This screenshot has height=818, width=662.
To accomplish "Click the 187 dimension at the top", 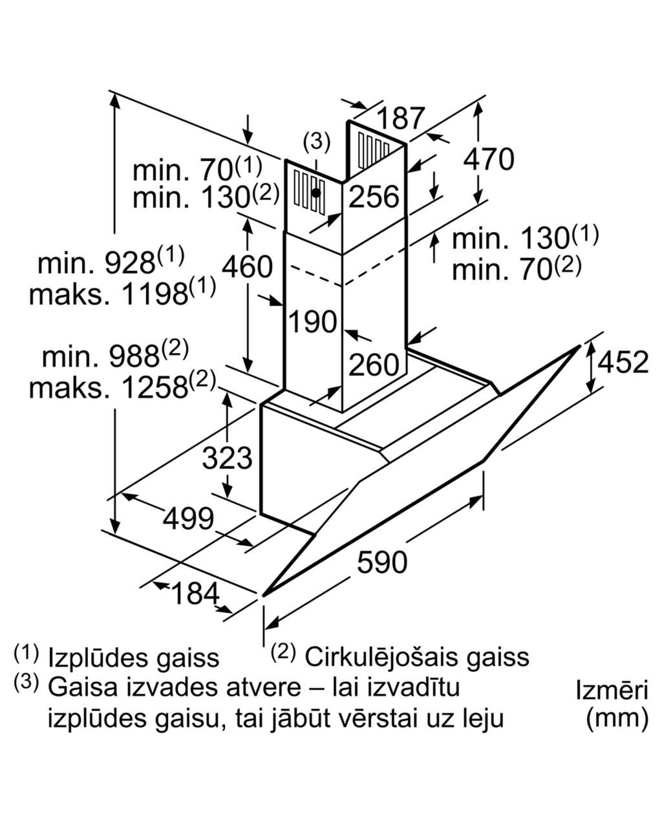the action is click(401, 118).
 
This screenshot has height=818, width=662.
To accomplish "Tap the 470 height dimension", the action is click(489, 159).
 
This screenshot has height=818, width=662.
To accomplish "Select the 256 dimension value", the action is click(374, 197).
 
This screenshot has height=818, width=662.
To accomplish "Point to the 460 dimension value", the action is click(248, 266).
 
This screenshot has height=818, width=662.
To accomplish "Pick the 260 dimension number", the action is click(374, 364).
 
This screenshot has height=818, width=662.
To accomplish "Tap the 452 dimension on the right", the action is click(623, 362).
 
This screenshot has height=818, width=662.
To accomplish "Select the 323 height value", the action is click(227, 458).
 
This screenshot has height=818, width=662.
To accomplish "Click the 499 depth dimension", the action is click(188, 519).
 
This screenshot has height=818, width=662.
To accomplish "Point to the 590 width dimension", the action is click(382, 562).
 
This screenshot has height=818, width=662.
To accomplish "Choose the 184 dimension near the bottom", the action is click(195, 593).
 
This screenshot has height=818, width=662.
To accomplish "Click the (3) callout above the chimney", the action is click(316, 142).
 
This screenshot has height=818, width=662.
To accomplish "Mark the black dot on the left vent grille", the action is click(315, 193).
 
